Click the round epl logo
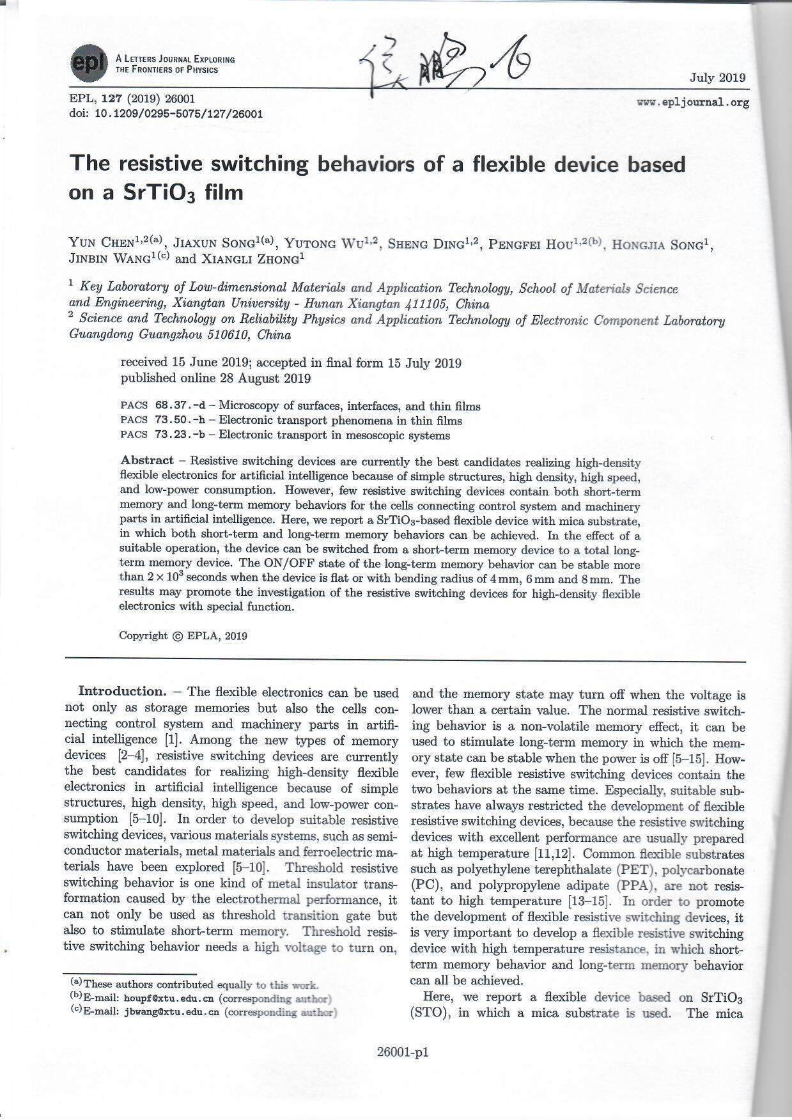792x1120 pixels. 89,63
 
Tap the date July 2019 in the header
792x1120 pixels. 717,78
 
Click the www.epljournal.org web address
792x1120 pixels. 693,102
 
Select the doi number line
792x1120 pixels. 166,114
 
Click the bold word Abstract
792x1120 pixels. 147,460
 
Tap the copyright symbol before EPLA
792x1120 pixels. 177,635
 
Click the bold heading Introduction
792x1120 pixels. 121,691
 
